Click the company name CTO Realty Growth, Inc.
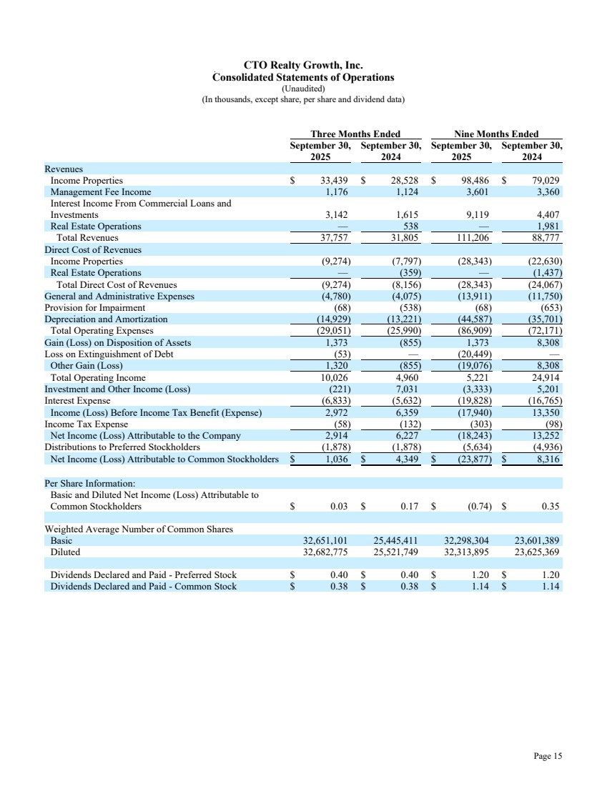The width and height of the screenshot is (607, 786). click(x=304, y=66)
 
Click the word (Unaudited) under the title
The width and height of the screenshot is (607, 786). click(x=304, y=88)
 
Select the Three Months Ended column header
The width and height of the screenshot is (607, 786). click(x=355, y=134)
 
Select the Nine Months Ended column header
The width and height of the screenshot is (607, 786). click(x=496, y=134)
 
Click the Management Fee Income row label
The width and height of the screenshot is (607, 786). click(x=101, y=192)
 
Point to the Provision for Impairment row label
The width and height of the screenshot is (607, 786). click(x=94, y=308)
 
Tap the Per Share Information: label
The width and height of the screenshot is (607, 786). click(x=84, y=484)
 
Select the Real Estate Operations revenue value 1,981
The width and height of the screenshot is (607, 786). click(x=547, y=227)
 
